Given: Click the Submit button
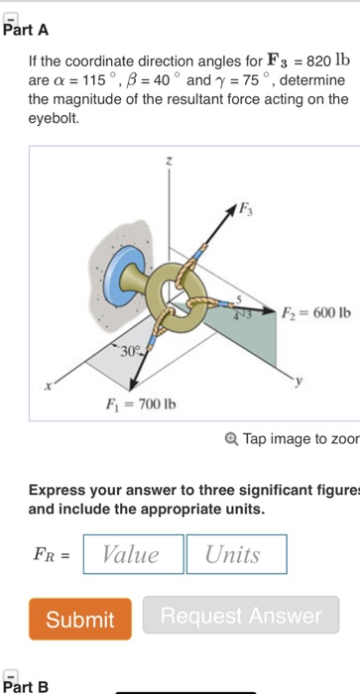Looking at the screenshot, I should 79,619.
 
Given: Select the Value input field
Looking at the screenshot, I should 134,554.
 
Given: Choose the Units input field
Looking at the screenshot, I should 236,554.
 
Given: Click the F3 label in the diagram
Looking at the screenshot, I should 245,208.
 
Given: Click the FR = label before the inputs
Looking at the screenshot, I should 50,555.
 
